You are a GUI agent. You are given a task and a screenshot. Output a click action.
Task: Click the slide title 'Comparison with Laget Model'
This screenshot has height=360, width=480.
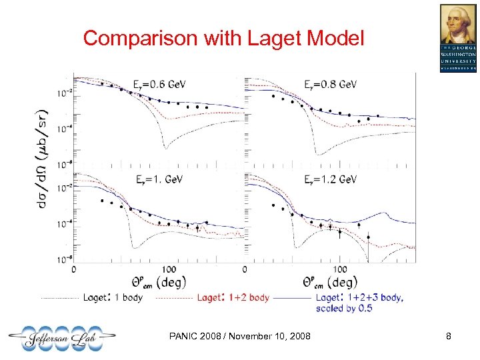tap(224, 39)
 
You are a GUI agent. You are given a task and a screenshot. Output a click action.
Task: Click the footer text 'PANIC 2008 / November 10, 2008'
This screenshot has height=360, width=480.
tap(240, 337)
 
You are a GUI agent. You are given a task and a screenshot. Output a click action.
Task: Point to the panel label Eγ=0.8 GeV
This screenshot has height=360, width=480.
tap(331, 85)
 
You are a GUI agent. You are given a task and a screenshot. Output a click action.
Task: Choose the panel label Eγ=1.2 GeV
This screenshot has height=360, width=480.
tap(331, 180)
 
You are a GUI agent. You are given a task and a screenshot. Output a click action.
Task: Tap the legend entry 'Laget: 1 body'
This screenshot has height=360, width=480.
tap(112, 297)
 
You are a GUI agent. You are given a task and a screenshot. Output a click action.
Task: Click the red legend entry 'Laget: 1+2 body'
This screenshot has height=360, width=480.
tap(233, 297)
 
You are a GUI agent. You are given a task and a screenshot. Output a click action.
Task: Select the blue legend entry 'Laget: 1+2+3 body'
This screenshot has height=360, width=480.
tap(360, 297)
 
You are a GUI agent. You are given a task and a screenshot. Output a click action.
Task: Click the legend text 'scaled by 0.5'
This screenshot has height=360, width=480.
tap(344, 308)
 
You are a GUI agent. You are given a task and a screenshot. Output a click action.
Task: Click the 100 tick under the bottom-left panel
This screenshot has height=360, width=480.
tap(169, 269)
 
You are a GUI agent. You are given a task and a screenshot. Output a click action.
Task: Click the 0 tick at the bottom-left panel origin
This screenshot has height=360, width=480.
tap(73, 269)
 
